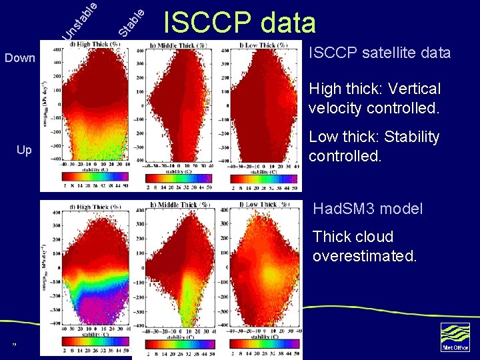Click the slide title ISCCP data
pyautogui.click(x=239, y=23)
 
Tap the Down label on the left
pyautogui.click(x=20, y=58)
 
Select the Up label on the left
pyautogui.click(x=24, y=150)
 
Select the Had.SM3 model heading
pyautogui.click(x=367, y=209)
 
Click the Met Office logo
pyautogui.click(x=455, y=337)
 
